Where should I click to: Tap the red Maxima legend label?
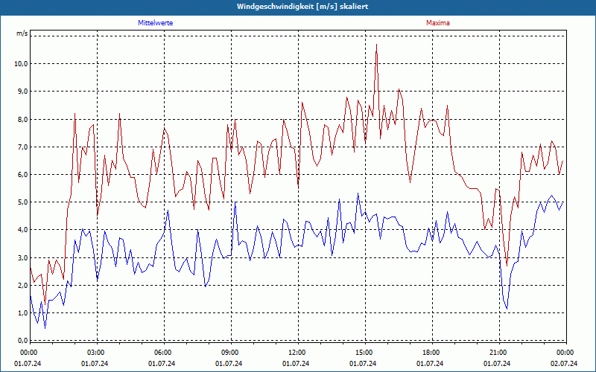click(x=437, y=23)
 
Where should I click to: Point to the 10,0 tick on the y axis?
click(x=20, y=64)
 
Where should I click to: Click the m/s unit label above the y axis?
click(x=22, y=34)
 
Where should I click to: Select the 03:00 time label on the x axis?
click(x=96, y=352)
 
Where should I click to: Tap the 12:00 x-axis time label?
click(x=297, y=352)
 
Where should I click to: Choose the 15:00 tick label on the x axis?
click(x=364, y=352)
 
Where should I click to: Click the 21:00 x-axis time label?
click(x=498, y=352)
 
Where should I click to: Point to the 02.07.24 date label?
click(x=564, y=364)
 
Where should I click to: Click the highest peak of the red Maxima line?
click(x=376, y=45)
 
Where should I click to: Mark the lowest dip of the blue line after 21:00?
click(x=507, y=309)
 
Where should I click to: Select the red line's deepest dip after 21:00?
click(x=507, y=266)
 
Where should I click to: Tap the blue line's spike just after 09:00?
click(x=235, y=203)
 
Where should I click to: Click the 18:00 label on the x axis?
click(x=431, y=352)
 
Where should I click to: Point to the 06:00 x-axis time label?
click(x=163, y=352)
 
